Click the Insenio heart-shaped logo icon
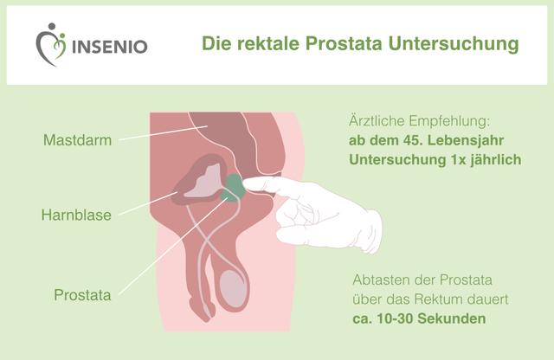coord(50,42)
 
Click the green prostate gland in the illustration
coord(232,186)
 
